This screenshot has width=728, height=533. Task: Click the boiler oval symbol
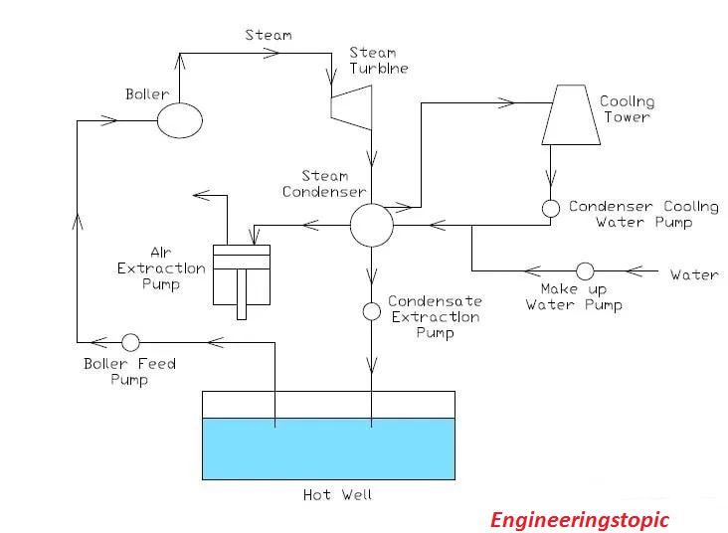click(x=180, y=121)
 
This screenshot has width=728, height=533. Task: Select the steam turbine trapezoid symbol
click(x=352, y=105)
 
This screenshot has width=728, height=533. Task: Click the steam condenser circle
click(x=371, y=226)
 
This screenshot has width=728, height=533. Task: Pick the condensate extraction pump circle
click(x=371, y=311)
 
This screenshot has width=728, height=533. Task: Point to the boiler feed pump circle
click(x=130, y=342)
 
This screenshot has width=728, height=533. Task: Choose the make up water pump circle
click(x=585, y=270)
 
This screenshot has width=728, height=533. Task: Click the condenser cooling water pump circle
click(x=550, y=208)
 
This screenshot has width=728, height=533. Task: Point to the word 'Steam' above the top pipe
click(x=269, y=35)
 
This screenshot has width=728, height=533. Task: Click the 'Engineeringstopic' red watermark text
click(x=580, y=519)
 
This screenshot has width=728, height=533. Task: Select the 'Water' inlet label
click(x=693, y=274)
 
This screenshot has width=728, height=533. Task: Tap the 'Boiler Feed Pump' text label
click(x=129, y=371)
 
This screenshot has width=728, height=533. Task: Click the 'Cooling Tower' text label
click(x=627, y=109)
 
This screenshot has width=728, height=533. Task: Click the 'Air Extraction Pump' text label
click(x=161, y=268)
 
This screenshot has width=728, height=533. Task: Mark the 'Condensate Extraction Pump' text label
click(x=435, y=316)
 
